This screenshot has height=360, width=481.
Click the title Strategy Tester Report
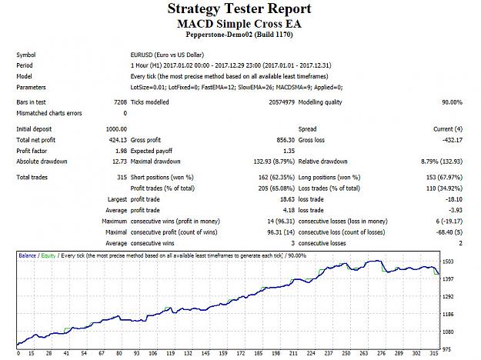pyautogui.click(x=239, y=9)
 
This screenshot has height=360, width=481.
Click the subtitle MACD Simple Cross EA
pyautogui.click(x=239, y=24)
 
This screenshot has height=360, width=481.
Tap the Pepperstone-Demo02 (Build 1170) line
pyautogui.click(x=239, y=35)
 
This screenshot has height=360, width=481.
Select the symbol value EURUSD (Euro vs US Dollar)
pyautogui.click(x=167, y=55)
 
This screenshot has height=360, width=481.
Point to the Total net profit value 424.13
pyautogui.click(x=118, y=140)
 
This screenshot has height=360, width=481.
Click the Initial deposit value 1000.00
pyautogui.click(x=116, y=129)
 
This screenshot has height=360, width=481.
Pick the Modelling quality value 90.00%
pyautogui.click(x=452, y=102)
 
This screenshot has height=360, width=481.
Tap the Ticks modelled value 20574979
pyautogui.click(x=282, y=102)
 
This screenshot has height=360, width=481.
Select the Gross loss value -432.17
pyautogui.click(x=453, y=140)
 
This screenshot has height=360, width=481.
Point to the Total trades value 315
pyautogui.click(x=122, y=177)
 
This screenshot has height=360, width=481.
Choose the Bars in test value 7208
pyautogui.click(x=120, y=102)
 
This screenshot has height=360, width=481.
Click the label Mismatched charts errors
pyautogui.click(x=49, y=113)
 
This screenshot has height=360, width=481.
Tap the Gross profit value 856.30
pyautogui.click(x=286, y=140)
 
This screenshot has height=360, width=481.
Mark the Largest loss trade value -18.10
pyautogui.click(x=454, y=199)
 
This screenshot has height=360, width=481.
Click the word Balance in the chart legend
pyautogui.click(x=27, y=255)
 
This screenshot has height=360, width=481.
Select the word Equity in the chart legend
pyautogui.click(x=48, y=255)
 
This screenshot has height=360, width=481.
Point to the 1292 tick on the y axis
pyautogui.click(x=448, y=296)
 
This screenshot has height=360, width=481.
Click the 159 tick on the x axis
pyautogui.click(x=223, y=353)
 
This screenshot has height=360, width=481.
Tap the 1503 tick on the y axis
pyautogui.click(x=448, y=262)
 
